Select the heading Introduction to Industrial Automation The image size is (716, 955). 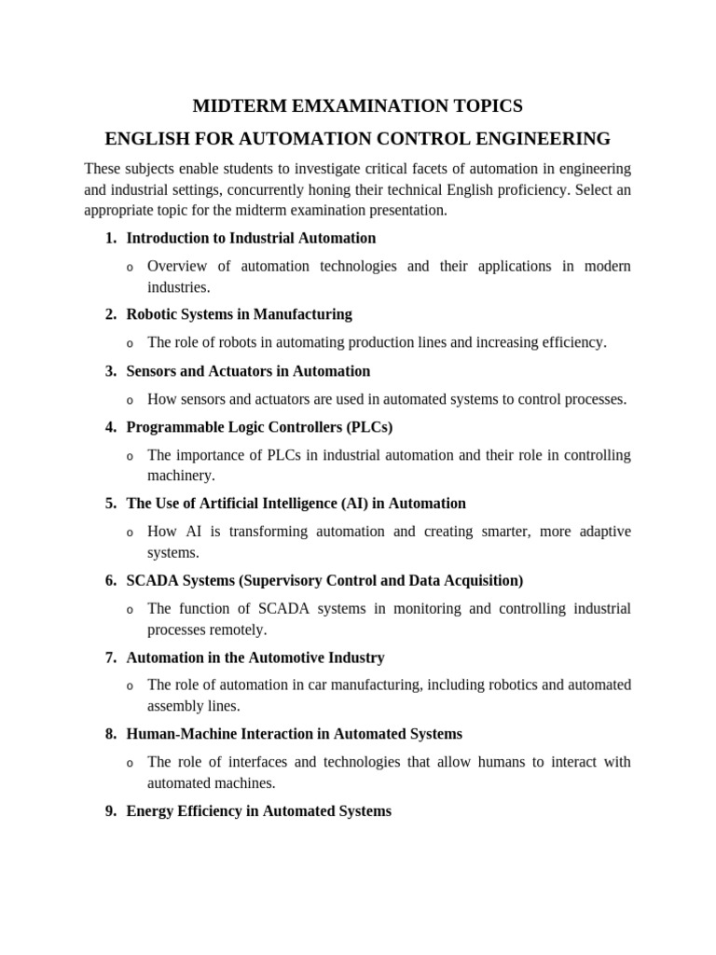pos(251,238)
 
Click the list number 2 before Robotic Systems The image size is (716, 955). pos(110,314)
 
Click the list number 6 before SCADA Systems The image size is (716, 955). pos(110,580)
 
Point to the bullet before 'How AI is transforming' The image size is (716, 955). pos(130,533)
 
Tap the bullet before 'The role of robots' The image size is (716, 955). pos(130,344)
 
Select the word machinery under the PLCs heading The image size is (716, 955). pos(181,476)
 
